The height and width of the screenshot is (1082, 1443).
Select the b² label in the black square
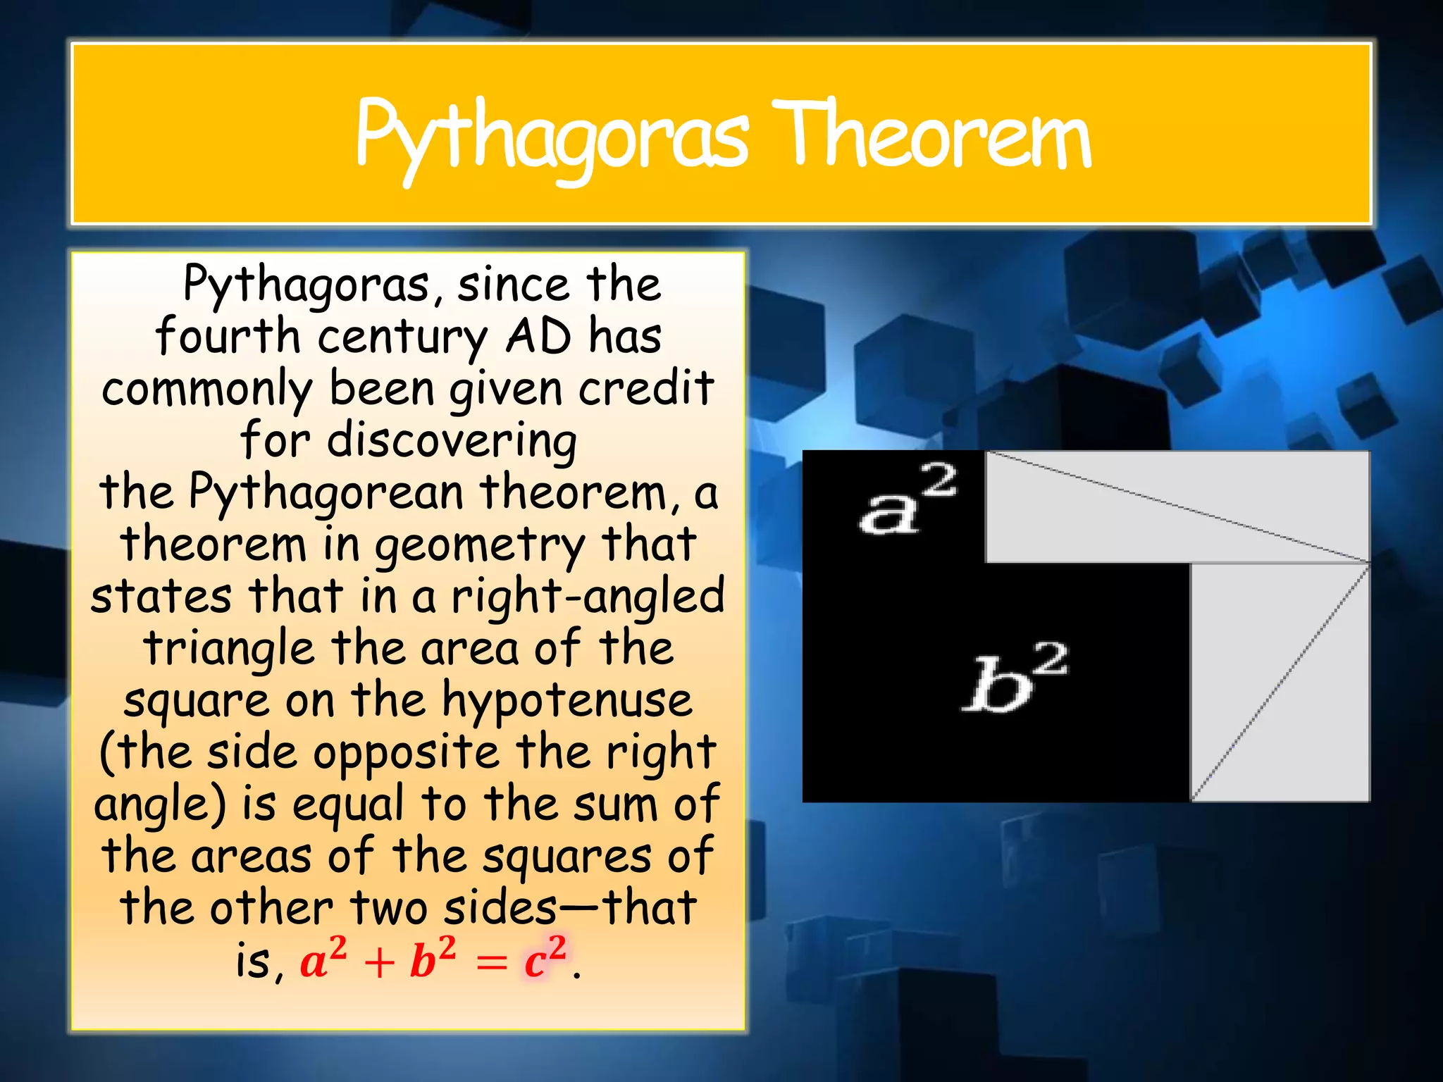[x=1015, y=677]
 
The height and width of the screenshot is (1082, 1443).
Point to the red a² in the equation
[x=323, y=959]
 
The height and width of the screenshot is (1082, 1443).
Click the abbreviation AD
[x=538, y=337]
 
